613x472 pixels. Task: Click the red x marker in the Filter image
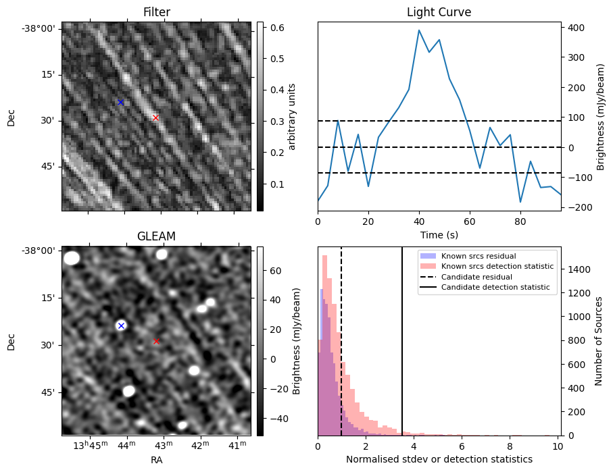coord(155,117)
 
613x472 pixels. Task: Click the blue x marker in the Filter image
coord(120,103)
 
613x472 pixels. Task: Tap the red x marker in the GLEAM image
coord(156,342)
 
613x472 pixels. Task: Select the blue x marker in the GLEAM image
coord(121,325)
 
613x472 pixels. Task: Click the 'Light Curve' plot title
coord(439,12)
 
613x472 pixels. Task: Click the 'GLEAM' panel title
coord(156,236)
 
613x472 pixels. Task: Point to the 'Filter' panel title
coord(156,12)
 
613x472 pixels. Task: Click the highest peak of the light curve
coord(419,30)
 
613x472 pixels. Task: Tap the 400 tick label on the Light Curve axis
coord(575,28)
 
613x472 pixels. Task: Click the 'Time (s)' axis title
coord(439,235)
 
